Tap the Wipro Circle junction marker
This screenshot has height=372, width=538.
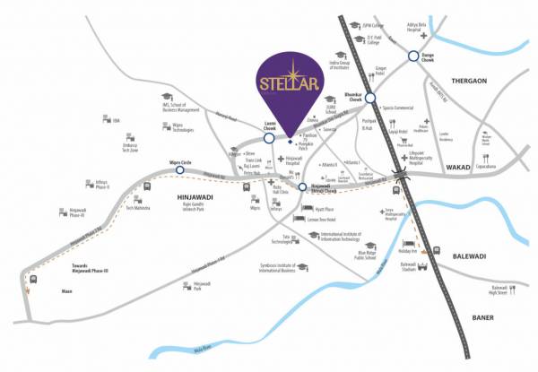pyautogui.click(x=179, y=169)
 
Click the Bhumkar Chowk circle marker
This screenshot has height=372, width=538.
pyautogui.click(x=370, y=99)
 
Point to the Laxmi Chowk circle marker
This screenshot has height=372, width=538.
pyautogui.click(x=268, y=138)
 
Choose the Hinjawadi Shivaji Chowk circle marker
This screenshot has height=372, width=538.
pyautogui.click(x=302, y=187)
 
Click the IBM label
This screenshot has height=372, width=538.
pyautogui.click(x=117, y=120)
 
